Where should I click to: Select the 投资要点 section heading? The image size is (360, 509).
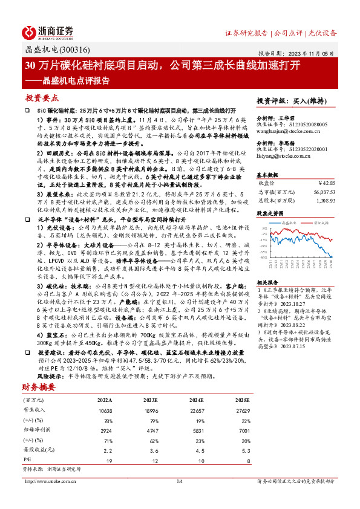click(x=42, y=98)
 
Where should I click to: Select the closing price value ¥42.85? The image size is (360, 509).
click(x=327, y=181)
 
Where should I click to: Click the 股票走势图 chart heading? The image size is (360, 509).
click(x=270, y=213)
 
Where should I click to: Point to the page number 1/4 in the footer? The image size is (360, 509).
click(x=179, y=481)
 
